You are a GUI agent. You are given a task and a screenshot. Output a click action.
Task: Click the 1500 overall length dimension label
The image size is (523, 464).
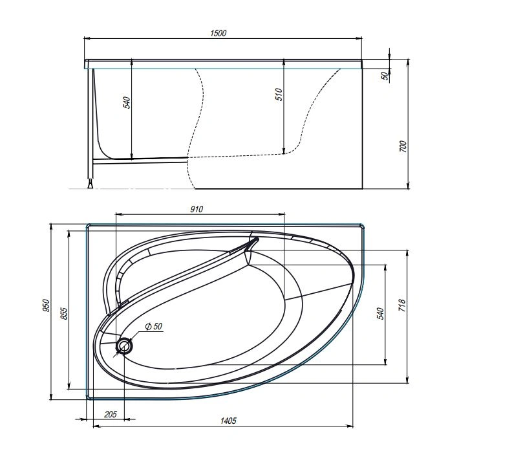click(x=218, y=33)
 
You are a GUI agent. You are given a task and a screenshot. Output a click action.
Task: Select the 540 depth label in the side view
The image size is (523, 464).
click(x=127, y=102)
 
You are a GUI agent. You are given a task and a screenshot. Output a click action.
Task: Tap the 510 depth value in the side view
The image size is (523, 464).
click(x=279, y=95)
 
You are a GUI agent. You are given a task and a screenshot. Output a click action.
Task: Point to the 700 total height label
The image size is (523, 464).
click(x=403, y=146)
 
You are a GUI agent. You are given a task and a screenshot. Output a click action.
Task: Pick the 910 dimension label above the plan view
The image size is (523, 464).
click(x=197, y=209)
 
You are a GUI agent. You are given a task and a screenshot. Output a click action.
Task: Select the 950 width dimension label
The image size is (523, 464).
click(x=46, y=305)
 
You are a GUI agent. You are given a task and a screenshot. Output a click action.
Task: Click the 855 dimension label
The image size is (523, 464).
click(x=63, y=313)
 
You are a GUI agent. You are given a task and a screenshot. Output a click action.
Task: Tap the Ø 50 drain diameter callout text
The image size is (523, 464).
click(x=153, y=327)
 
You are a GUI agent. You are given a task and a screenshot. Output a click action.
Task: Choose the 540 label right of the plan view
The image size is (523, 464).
click(x=380, y=314)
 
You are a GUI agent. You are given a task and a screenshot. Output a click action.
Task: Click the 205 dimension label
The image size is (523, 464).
click(x=110, y=414)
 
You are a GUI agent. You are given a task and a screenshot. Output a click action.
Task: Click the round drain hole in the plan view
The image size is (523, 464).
click(x=123, y=346)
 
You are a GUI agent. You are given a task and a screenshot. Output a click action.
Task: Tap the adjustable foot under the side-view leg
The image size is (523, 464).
click(x=90, y=185)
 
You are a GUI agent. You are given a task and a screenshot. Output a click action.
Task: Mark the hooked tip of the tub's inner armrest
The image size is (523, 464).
click(x=255, y=240)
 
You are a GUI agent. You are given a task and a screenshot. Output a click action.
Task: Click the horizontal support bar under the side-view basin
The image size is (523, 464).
click(x=139, y=159)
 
